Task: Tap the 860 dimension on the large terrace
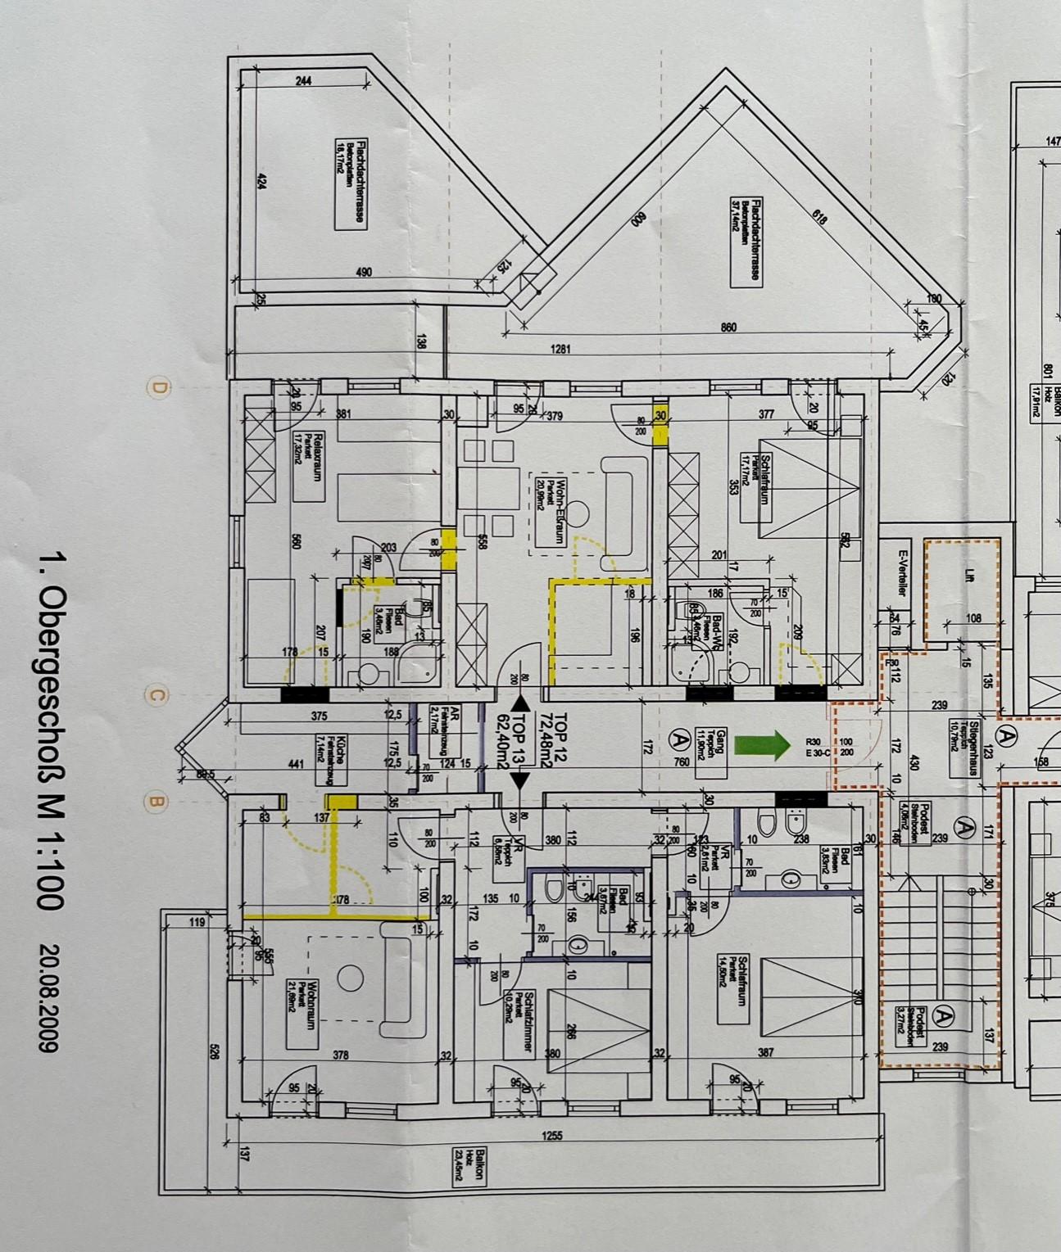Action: pos(728,328)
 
